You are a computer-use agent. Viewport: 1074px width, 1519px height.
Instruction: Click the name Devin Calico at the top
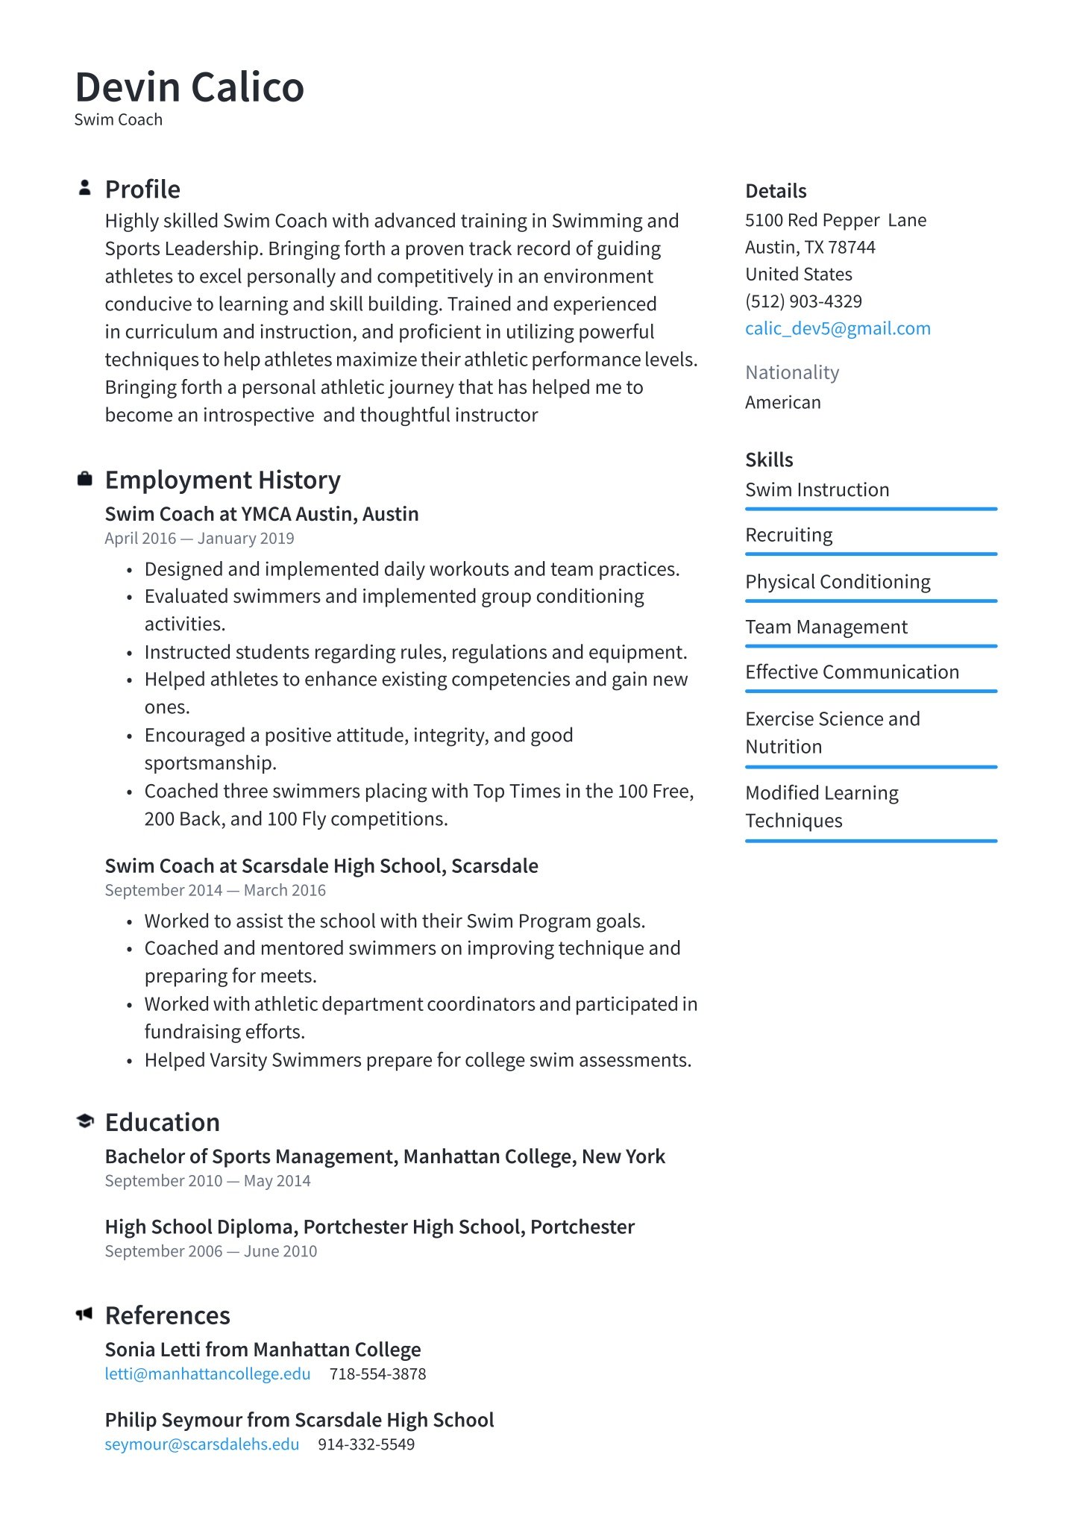point(189,87)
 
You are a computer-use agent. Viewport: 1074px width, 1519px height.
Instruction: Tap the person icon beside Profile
point(85,188)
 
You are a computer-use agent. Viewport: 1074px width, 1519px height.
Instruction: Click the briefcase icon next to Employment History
point(85,479)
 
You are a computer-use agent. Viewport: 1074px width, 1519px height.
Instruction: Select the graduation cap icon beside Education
point(85,1121)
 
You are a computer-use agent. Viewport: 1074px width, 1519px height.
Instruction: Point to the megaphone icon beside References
point(84,1314)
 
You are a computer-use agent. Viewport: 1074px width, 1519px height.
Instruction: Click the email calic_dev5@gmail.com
point(838,328)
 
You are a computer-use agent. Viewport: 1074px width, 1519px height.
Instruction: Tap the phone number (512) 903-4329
point(803,301)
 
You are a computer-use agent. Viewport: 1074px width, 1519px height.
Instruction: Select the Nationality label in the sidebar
point(792,372)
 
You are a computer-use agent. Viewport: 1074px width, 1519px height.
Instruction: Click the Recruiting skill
point(789,535)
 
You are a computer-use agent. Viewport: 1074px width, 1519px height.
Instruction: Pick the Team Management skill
point(826,627)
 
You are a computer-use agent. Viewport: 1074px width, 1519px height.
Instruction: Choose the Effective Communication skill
point(852,672)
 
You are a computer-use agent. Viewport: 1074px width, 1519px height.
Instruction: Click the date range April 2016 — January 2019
point(199,539)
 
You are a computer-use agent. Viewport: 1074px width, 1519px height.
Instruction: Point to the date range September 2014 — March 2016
point(215,890)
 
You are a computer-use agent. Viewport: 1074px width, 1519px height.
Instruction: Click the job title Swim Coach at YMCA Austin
point(261,514)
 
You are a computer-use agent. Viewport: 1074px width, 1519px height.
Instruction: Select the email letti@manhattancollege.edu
point(207,1374)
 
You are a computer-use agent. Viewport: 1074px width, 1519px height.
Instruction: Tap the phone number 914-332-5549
point(366,1444)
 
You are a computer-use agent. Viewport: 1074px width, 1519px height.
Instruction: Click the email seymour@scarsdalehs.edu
point(201,1444)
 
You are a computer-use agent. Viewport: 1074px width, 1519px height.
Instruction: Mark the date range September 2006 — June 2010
point(210,1251)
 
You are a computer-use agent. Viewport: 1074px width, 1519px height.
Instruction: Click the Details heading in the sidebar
point(776,191)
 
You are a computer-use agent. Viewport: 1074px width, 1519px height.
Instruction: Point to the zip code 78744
point(852,248)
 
